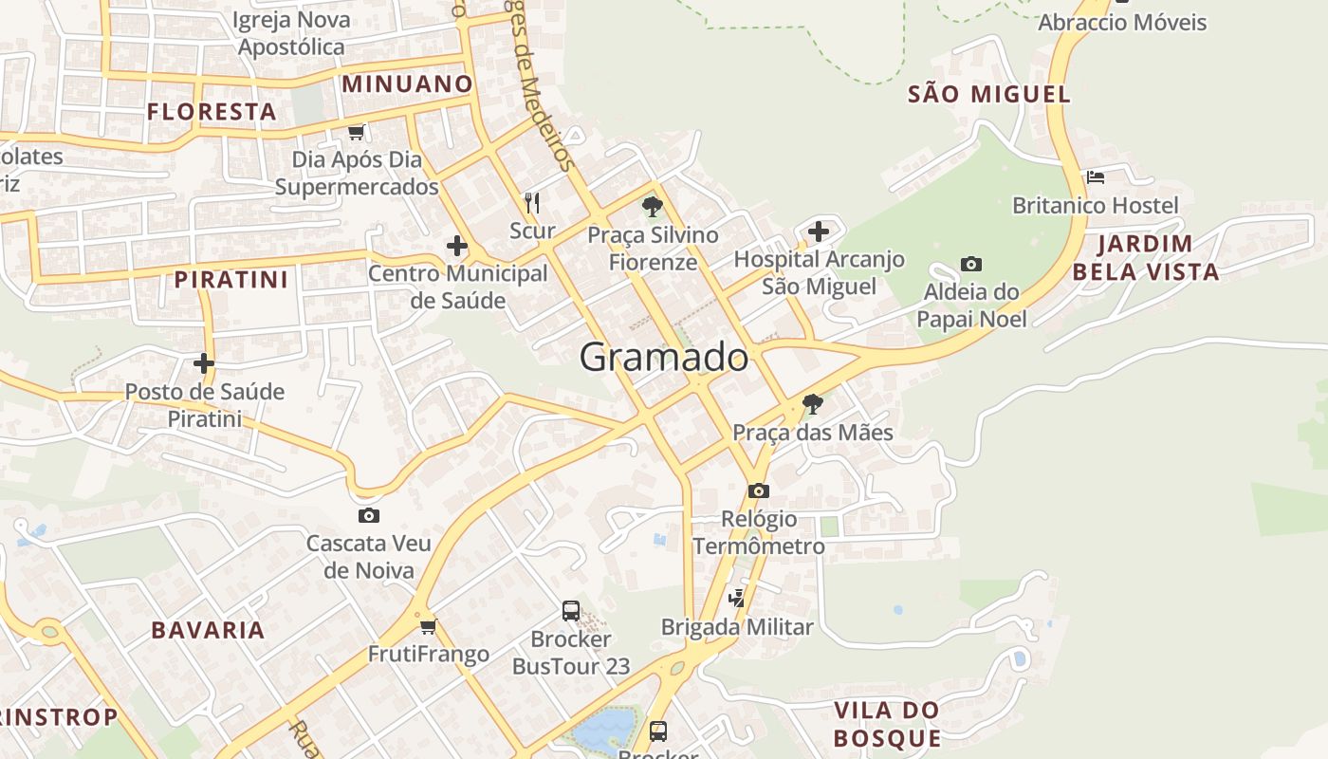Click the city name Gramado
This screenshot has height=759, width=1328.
tap(663, 358)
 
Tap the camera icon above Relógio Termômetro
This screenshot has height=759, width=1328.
tap(758, 491)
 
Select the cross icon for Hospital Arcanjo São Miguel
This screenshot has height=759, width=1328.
tap(818, 231)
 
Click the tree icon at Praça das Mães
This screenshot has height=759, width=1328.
tap(812, 404)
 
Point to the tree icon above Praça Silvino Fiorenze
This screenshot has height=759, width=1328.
tap(652, 206)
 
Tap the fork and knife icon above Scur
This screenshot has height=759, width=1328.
tap(532, 202)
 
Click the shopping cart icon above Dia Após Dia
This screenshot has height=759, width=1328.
tap(357, 132)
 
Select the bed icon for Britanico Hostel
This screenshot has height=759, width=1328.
tap(1096, 177)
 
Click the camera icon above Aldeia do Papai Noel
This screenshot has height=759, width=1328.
tap(970, 264)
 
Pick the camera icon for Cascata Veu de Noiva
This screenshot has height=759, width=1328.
tap(369, 515)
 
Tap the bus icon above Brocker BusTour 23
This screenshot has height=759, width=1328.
tap(571, 611)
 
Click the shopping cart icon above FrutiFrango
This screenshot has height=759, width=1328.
tap(428, 626)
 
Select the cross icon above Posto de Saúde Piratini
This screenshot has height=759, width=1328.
tap(204, 363)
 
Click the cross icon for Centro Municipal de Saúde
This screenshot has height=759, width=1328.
tap(457, 246)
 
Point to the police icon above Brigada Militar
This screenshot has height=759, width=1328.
tap(737, 599)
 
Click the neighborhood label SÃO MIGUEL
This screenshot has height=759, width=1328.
tap(989, 94)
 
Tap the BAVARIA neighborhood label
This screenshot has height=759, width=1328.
tap(208, 630)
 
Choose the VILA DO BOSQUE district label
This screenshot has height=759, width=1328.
tap(887, 724)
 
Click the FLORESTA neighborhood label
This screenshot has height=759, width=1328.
tap(212, 112)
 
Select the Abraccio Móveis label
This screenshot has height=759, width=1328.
tap(1122, 22)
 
